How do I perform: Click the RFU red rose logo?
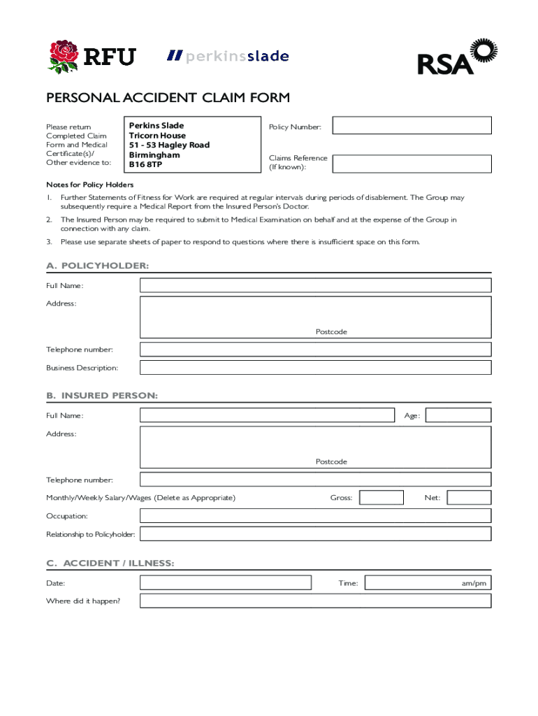pyautogui.click(x=63, y=55)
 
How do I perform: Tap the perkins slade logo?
pyautogui.click(x=228, y=56)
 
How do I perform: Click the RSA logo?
pyautogui.click(x=456, y=57)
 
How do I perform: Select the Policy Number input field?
pyautogui.click(x=412, y=126)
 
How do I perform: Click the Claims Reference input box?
pyautogui.click(x=412, y=164)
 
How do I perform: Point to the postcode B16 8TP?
pyautogui.click(x=145, y=165)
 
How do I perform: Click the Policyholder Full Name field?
pyautogui.click(x=315, y=285)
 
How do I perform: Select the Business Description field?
pyautogui.click(x=315, y=368)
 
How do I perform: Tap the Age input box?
pyautogui.click(x=458, y=415)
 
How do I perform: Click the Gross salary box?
pyautogui.click(x=381, y=498)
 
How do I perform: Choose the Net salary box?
pyautogui.click(x=469, y=498)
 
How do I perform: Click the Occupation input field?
pyautogui.click(x=315, y=516)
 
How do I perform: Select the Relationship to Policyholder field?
pyautogui.click(x=315, y=534)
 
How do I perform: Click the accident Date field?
pyautogui.click(x=225, y=582)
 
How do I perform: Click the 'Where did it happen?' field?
pyautogui.click(x=315, y=601)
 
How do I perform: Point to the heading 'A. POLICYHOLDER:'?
pyautogui.click(x=97, y=266)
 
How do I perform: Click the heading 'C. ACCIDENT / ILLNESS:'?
pyautogui.click(x=110, y=564)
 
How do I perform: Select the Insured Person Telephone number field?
pyautogui.click(x=315, y=480)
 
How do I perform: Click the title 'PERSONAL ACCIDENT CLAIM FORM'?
pyautogui.click(x=168, y=98)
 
